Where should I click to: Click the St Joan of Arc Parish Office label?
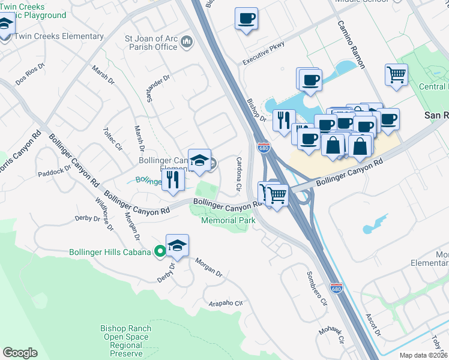point(151,43)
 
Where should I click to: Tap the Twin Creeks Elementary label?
point(59,36)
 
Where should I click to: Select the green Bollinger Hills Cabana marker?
point(160,252)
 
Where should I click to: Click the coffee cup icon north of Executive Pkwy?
point(246,19)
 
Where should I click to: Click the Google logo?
point(20,353)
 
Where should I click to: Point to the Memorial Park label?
point(228,220)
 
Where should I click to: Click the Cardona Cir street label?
point(238,175)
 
